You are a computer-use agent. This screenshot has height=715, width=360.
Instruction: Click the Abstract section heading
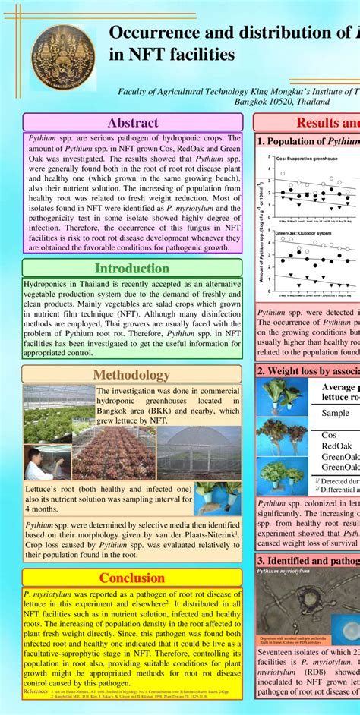pyautogui.click(x=133, y=122)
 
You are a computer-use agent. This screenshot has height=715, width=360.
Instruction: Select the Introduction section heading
pyautogui.click(x=132, y=268)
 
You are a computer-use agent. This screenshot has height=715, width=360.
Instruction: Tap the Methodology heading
pyautogui.click(x=132, y=375)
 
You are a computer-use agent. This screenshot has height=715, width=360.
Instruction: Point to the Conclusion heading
pyautogui.click(x=132, y=578)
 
